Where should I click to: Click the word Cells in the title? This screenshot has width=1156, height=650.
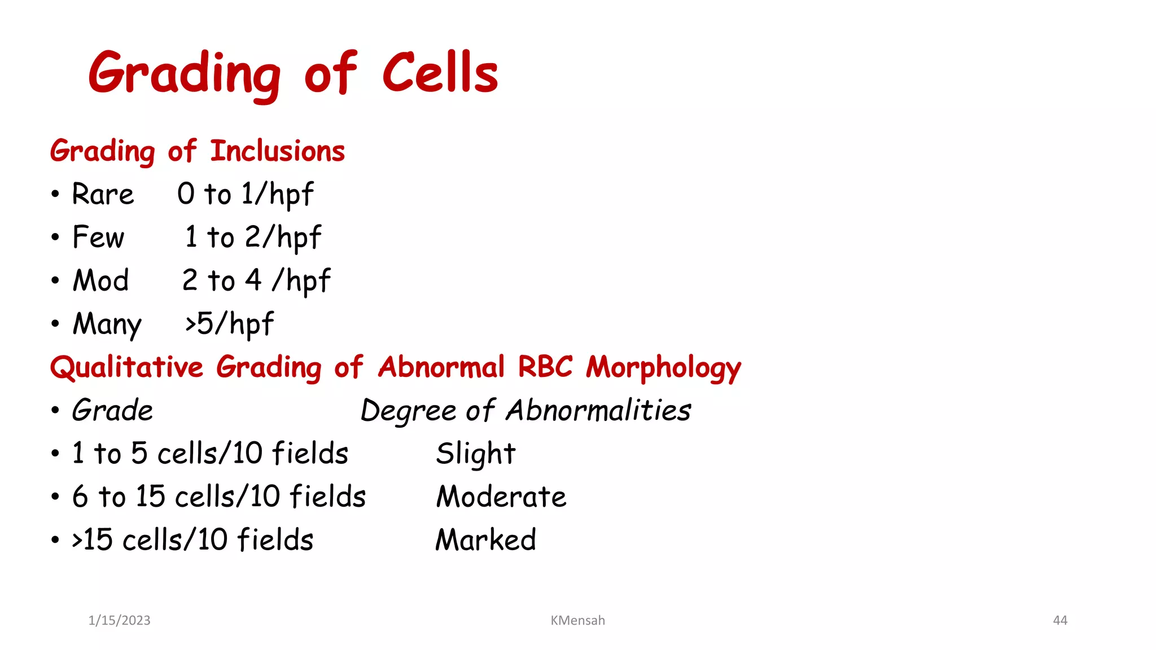pyautogui.click(x=440, y=73)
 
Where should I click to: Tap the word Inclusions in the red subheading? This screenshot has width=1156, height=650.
pyautogui.click(x=277, y=151)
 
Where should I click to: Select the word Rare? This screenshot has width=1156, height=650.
pyautogui.click(x=103, y=195)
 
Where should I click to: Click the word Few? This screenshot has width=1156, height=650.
pyautogui.click(x=98, y=238)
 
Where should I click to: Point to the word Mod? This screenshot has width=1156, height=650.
pyautogui.click(x=101, y=280)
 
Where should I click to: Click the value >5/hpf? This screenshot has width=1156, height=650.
pyautogui.click(x=229, y=324)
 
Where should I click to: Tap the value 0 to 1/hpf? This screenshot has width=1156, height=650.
pyautogui.click(x=245, y=195)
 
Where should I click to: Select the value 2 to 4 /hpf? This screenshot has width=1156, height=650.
pyautogui.click(x=256, y=281)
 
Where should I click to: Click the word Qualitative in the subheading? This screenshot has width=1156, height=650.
pyautogui.click(x=126, y=368)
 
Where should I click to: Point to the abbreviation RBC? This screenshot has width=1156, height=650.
pyautogui.click(x=545, y=367)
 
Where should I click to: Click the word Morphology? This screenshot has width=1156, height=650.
pyautogui.click(x=663, y=368)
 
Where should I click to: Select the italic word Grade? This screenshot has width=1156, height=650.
pyautogui.click(x=113, y=410)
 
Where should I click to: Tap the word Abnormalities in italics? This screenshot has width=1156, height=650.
pyautogui.click(x=598, y=410)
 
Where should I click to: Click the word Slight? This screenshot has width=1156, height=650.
pyautogui.click(x=476, y=454)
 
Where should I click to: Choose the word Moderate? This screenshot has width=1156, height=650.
pyautogui.click(x=501, y=497)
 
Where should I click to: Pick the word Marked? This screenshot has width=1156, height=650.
pyautogui.click(x=486, y=540)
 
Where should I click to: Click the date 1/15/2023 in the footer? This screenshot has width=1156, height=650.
pyautogui.click(x=120, y=621)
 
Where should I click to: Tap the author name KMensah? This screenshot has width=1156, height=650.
pyautogui.click(x=577, y=621)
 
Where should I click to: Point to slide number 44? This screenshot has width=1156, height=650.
pyautogui.click(x=1060, y=621)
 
